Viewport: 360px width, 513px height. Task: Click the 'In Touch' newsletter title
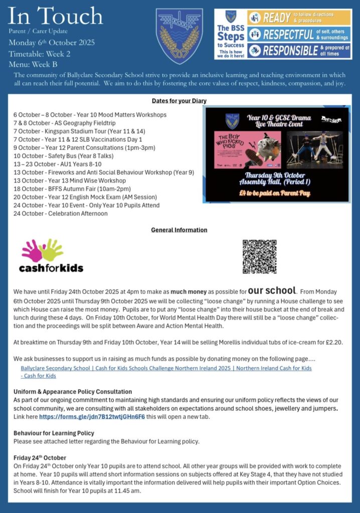(55, 17)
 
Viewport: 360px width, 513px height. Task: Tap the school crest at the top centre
(179, 36)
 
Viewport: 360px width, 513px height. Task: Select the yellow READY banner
(298, 17)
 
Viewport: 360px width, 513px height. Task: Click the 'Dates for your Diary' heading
(179, 101)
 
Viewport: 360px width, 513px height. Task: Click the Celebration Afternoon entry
(61, 213)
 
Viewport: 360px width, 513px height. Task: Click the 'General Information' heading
(179, 230)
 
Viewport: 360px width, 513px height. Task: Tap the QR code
(259, 256)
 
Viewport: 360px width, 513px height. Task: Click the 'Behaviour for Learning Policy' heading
(54, 433)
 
